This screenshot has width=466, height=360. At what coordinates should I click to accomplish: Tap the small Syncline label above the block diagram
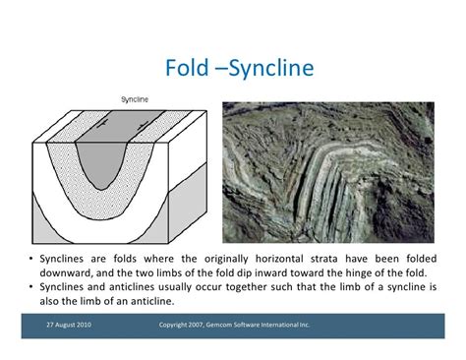pos(134,99)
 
